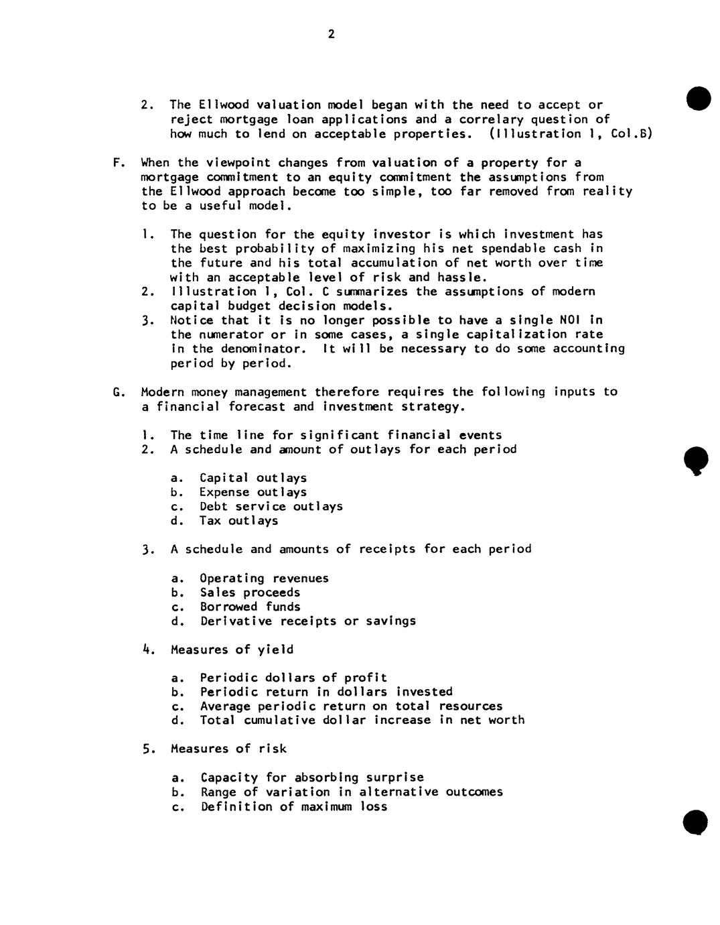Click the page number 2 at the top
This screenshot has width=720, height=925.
coord(331,34)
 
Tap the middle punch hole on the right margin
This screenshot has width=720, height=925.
coord(697,460)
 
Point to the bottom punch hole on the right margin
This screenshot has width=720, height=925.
coord(697,822)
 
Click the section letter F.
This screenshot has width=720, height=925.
coord(118,163)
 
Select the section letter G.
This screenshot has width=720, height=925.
coord(118,392)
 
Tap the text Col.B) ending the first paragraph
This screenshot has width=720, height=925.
coord(632,134)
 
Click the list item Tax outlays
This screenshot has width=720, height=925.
coord(238,521)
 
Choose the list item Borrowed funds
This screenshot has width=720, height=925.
coord(250,607)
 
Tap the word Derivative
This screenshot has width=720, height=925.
coord(235,621)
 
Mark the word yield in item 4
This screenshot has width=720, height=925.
coord(275,650)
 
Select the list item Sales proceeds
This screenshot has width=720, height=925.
coord(250,593)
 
